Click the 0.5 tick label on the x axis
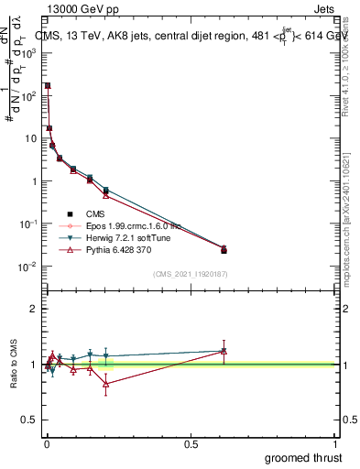pyautogui.click(x=191, y=443)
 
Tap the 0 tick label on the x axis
pyautogui.click(x=47, y=443)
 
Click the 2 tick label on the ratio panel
pyautogui.click(x=34, y=309)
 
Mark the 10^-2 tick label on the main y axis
pyautogui.click(x=27, y=267)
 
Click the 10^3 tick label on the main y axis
pyautogui.click(x=28, y=53)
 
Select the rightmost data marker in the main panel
pyautogui.click(x=224, y=249)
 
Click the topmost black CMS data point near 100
pyautogui.click(x=48, y=85)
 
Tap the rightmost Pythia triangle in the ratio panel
pyautogui.click(x=224, y=351)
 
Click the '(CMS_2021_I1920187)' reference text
pyautogui.click(x=191, y=273)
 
